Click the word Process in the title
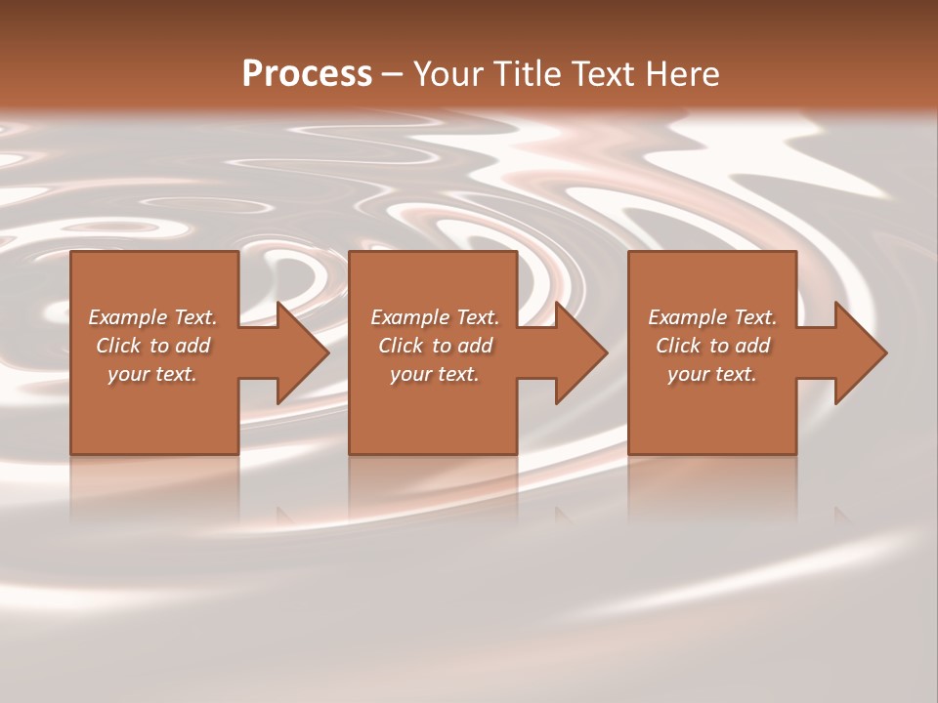[307, 73]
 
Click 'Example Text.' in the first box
[152, 317]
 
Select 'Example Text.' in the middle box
[435, 317]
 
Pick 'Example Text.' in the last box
[712, 317]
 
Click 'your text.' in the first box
[152, 374]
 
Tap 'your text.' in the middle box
[435, 374]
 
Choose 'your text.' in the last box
[712, 374]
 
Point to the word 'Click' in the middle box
[401, 346]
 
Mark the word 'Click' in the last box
[678, 346]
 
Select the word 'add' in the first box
[192, 346]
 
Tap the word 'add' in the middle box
[475, 346]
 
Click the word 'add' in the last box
[752, 346]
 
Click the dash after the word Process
[392, 74]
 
